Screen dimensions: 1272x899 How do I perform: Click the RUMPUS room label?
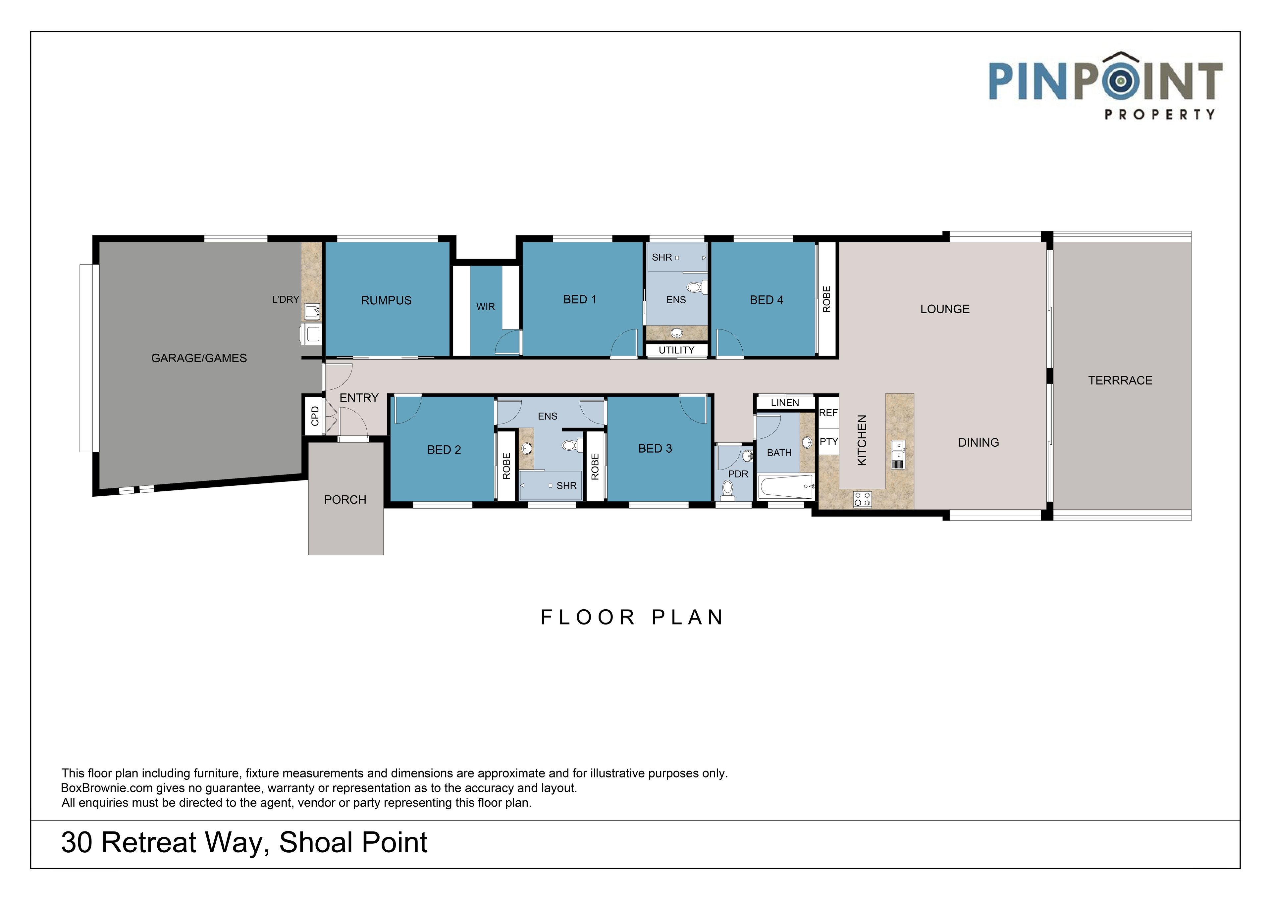386,300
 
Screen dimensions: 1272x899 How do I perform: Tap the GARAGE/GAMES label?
199,358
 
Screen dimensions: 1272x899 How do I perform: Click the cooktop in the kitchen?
862,499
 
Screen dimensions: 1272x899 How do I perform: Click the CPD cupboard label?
315,416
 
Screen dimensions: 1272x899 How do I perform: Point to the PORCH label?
345,500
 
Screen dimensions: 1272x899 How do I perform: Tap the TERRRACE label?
1120,380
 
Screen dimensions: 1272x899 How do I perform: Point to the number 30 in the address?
77,842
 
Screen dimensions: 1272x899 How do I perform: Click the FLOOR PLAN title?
632,617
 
